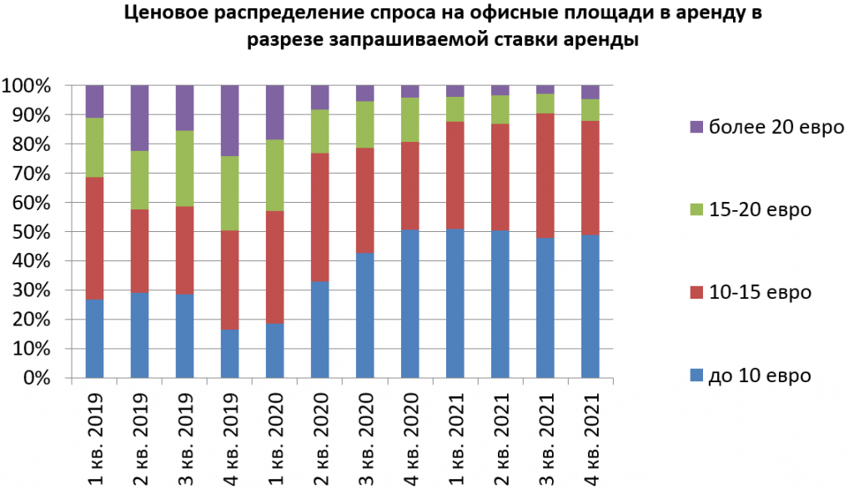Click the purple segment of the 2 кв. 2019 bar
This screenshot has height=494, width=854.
pyautogui.click(x=140, y=118)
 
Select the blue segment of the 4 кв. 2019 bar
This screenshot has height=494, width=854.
pyautogui.click(x=230, y=354)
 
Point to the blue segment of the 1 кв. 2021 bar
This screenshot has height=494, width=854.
pyautogui.click(x=455, y=303)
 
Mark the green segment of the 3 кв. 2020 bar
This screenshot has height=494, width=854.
pyautogui.click(x=365, y=124)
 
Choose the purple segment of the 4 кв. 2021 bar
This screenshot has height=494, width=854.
pyautogui.click(x=590, y=92)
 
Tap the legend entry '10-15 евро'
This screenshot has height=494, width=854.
pyautogui.click(x=751, y=293)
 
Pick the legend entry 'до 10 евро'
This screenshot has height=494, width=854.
pyautogui.click(x=751, y=376)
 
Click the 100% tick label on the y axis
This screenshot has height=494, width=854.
pyautogui.click(x=30, y=86)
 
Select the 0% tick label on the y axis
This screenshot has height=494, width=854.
pyautogui.click(x=38, y=378)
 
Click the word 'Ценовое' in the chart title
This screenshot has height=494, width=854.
pyautogui.click(x=163, y=14)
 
